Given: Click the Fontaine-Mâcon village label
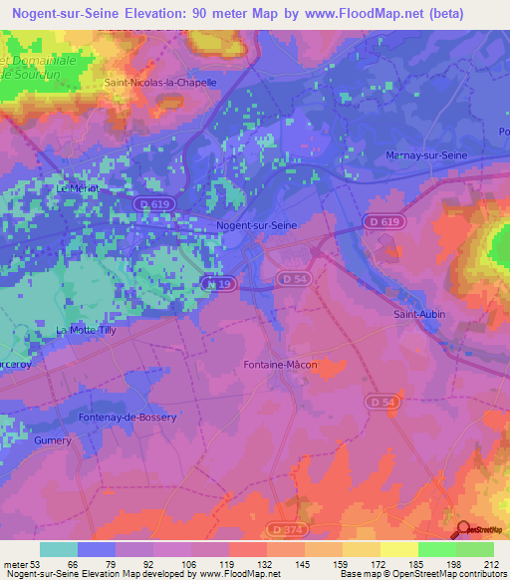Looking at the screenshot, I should [x=280, y=365].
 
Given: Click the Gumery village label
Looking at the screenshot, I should [x=52, y=440].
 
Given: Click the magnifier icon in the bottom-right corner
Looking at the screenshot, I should [x=464, y=529].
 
